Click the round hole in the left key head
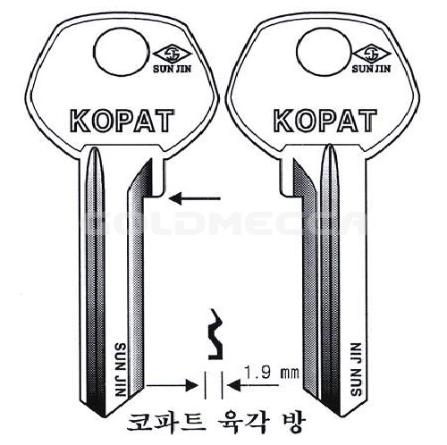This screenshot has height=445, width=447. point(121,51)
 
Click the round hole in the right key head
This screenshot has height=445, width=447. point(323,52)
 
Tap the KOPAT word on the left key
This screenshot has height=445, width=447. point(122,121)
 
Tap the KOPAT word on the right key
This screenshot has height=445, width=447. point(325,121)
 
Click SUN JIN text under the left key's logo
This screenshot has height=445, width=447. point(172,69)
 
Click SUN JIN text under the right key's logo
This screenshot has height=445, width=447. point(371,69)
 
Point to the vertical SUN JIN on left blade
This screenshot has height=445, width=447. point(121,369)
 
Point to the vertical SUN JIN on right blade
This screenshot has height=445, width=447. point(356,369)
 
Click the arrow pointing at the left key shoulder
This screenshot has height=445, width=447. point(194,198)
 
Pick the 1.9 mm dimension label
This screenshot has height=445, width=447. point(271,372)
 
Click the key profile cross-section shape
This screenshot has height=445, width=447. point(216,334)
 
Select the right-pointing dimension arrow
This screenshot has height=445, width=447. point(173,386)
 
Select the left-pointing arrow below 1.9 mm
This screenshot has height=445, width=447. point(253,386)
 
